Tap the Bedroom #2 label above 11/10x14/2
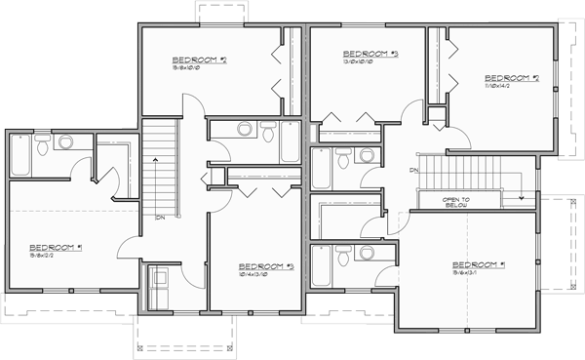(512, 78)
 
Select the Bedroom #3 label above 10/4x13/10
(266, 265)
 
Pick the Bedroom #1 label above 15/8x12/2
(55, 247)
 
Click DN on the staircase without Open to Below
(159, 217)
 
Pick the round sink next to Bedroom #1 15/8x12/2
(65, 142)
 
